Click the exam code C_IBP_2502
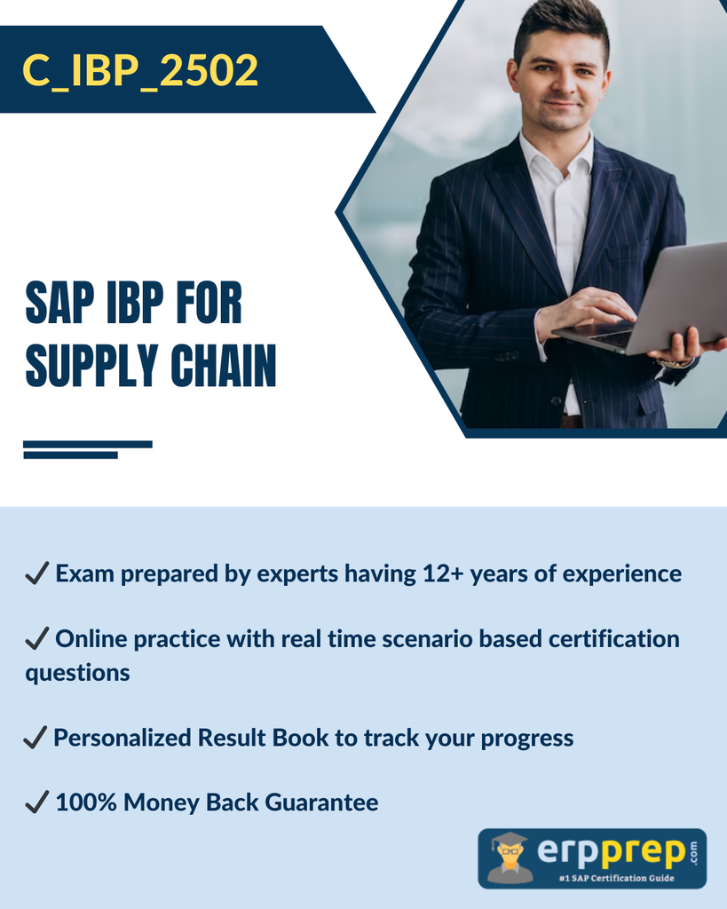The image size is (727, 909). (139, 71)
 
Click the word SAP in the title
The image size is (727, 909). (59, 302)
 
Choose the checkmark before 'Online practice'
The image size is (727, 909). (37, 638)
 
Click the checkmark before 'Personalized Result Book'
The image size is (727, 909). (36, 738)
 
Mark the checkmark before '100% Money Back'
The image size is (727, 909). (37, 802)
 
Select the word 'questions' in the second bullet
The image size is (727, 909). (78, 673)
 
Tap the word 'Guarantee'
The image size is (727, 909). (321, 802)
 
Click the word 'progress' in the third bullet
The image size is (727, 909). (527, 739)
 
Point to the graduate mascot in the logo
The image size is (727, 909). (510, 858)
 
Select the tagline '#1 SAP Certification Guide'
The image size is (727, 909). (616, 878)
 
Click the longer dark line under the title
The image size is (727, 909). (88, 444)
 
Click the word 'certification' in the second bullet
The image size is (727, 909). (614, 638)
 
